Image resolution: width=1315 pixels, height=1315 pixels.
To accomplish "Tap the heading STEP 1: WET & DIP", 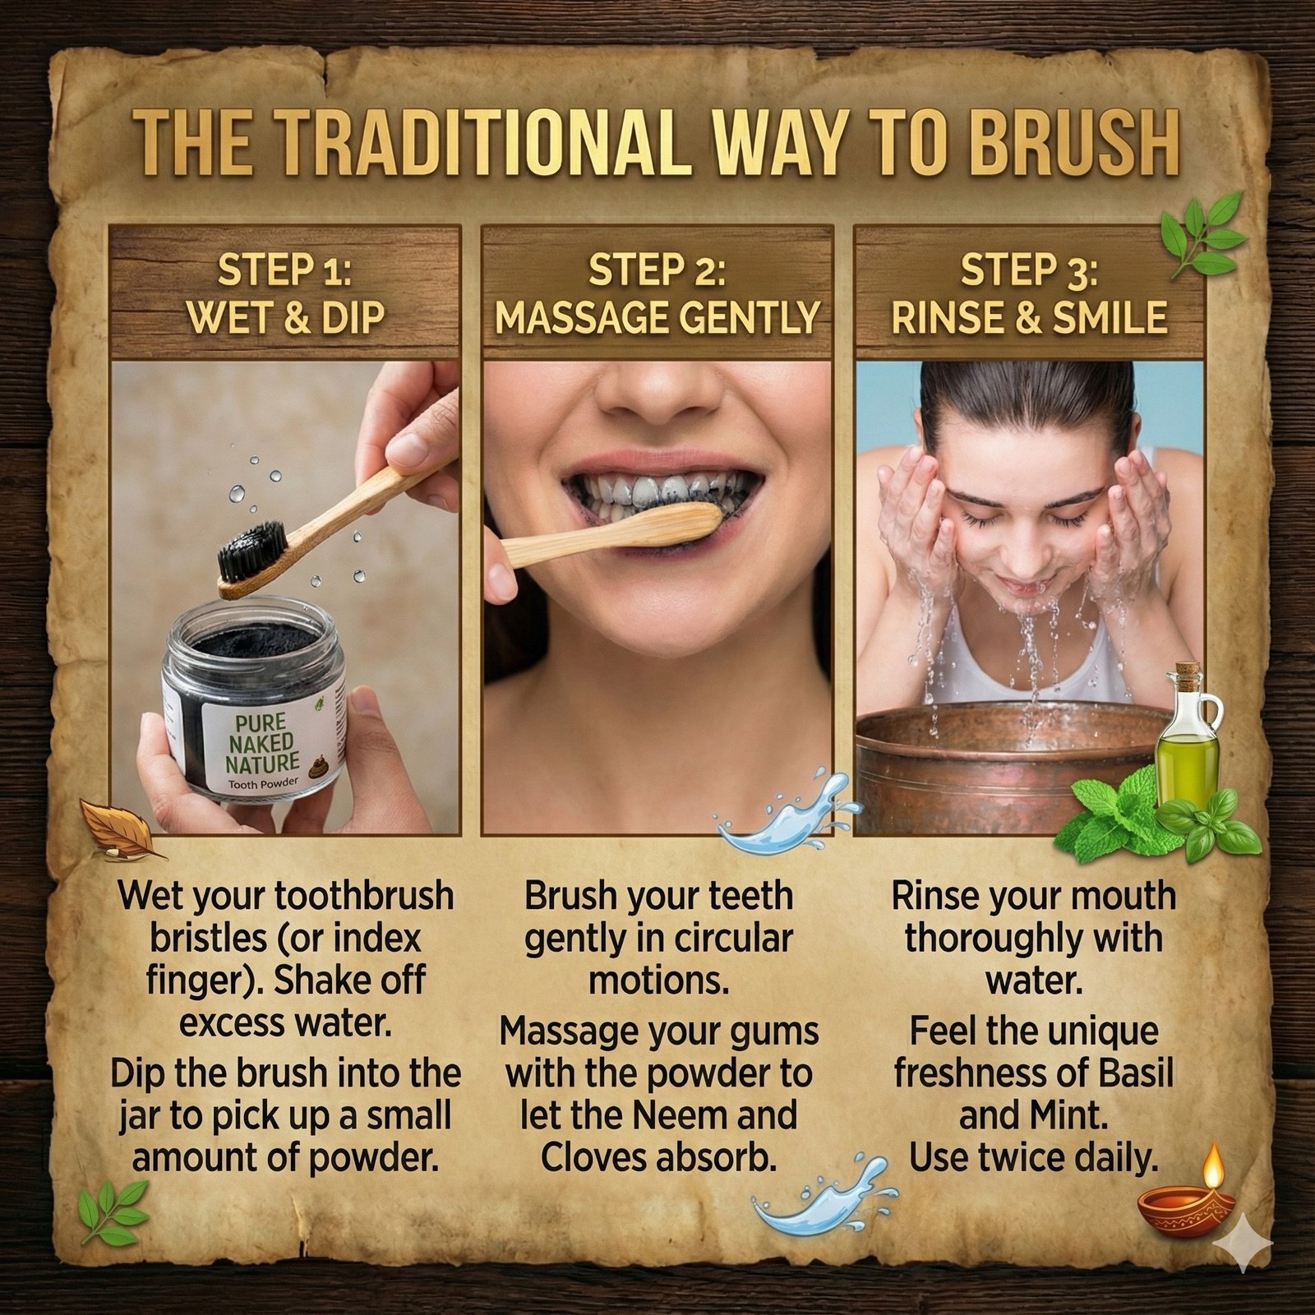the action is point(285,295).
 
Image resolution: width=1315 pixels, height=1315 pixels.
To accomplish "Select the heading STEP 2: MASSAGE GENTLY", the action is point(657,295).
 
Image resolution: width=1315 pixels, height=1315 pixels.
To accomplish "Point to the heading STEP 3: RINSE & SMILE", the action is point(1029,295).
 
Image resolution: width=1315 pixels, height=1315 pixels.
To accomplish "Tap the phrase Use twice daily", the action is point(1033,1156).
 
